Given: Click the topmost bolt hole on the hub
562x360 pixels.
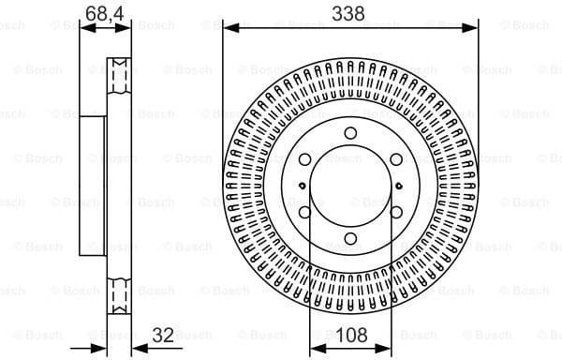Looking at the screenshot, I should coord(350,132).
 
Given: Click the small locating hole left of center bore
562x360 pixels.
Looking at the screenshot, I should coord(300,186).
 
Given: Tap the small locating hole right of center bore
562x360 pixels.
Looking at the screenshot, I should coord(401,186).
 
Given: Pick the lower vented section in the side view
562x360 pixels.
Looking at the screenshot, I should coord(117,295).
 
